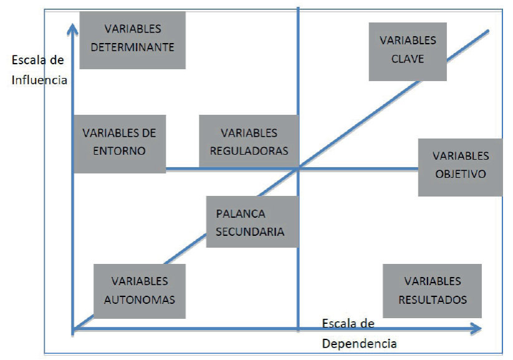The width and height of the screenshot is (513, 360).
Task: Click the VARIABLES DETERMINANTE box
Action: [132, 38]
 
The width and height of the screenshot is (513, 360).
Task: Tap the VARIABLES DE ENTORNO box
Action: [119, 142]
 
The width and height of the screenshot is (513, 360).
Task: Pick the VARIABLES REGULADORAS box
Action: [249, 142]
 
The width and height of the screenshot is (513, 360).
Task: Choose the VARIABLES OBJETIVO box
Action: [460, 166]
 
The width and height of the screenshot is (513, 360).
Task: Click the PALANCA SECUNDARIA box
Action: [251, 222]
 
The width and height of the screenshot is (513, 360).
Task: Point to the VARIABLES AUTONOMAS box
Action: [140, 291]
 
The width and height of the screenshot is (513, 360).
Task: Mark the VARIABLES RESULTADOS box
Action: [432, 291]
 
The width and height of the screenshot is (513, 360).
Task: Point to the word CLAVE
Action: [408, 59]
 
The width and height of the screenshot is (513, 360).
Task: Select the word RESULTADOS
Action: [432, 299]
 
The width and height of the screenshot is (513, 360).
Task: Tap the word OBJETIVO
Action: [461, 174]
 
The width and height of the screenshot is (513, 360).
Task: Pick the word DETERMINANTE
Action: [132, 47]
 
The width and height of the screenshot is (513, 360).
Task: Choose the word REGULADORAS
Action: [249, 150]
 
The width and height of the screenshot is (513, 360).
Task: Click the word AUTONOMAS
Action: [140, 299]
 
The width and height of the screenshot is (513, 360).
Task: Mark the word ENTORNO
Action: [119, 150]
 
